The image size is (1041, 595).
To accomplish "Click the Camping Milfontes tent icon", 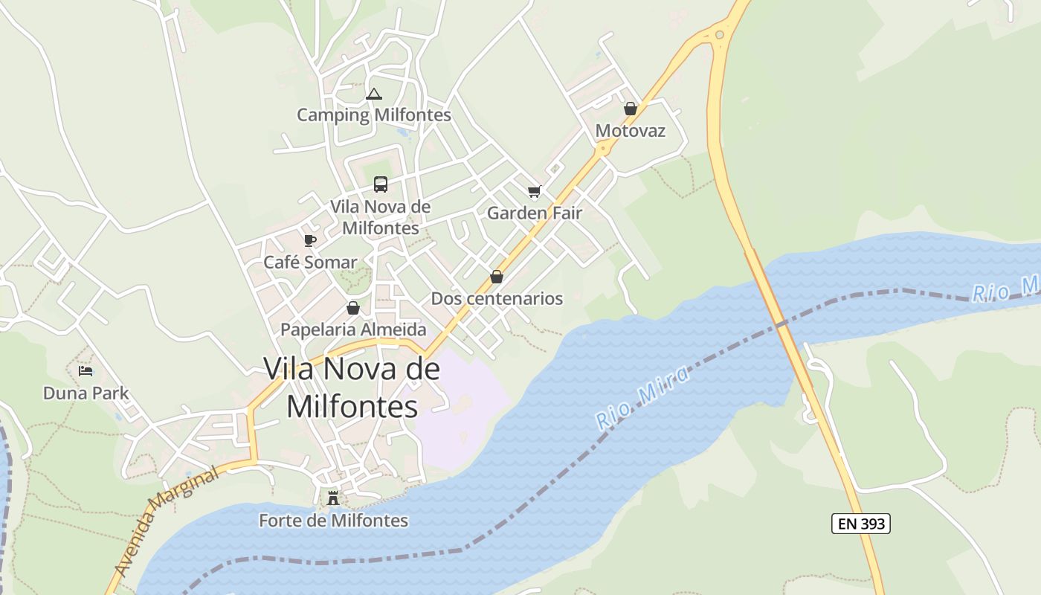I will (374, 94).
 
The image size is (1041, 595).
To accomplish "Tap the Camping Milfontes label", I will (374, 115).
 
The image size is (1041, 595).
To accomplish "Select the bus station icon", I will (381, 184).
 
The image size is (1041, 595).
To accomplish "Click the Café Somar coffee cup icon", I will (310, 240).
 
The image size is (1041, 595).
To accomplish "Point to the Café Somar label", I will (310, 263).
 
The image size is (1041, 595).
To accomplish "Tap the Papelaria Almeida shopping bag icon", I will (353, 308).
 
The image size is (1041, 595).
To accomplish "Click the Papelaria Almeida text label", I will (353, 329).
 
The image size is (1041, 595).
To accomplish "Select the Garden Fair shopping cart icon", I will (534, 192).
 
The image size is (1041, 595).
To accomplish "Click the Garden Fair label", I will (534, 213).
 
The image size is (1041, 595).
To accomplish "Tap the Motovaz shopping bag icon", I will (631, 109).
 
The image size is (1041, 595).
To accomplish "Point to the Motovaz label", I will (631, 132).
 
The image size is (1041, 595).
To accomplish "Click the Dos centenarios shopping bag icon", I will (497, 277).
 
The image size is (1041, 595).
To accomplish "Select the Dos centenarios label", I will (497, 299).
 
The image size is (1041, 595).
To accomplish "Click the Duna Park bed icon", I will (86, 371).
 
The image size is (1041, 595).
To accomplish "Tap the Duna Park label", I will (86, 393).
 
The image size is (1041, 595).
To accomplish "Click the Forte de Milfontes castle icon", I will (333, 498).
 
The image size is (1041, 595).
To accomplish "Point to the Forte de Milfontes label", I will (333, 521).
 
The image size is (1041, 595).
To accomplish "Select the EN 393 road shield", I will (860, 524).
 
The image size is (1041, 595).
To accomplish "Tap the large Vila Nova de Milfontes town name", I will (352, 387).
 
